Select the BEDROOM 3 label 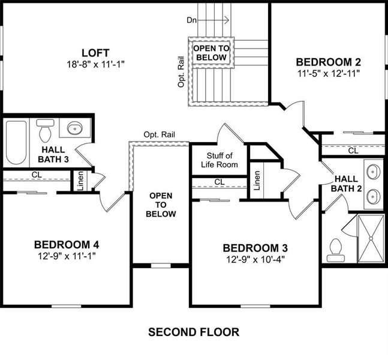[x=255, y=248]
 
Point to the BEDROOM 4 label [x=66, y=244]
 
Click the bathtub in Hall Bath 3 [x=16, y=142]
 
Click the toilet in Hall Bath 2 [x=335, y=250]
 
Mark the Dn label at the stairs [x=192, y=20]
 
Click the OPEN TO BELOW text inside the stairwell [x=210, y=53]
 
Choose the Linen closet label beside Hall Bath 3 [x=80, y=181]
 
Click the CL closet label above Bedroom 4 [x=37, y=175]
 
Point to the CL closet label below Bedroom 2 [x=353, y=151]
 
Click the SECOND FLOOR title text [x=194, y=332]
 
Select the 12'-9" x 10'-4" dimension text [x=255, y=260]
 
